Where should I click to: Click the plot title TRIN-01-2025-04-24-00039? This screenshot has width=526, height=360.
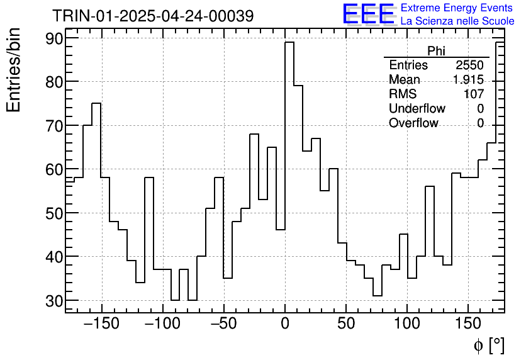[153, 16]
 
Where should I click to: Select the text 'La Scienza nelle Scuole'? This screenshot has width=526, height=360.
[457, 21]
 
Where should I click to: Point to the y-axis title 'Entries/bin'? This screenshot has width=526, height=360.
[14, 70]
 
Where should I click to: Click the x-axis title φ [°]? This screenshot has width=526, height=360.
[489, 345]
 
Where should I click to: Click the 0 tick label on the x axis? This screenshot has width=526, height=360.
[285, 324]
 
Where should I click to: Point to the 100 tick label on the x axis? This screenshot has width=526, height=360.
[407, 324]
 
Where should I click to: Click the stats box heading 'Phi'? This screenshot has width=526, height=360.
[436, 51]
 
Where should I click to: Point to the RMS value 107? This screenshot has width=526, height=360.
[474, 94]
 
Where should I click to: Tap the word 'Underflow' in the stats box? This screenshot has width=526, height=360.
[417, 109]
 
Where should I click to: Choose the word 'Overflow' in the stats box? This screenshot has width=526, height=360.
[413, 123]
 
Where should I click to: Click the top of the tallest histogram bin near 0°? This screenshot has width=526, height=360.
[289, 43]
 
